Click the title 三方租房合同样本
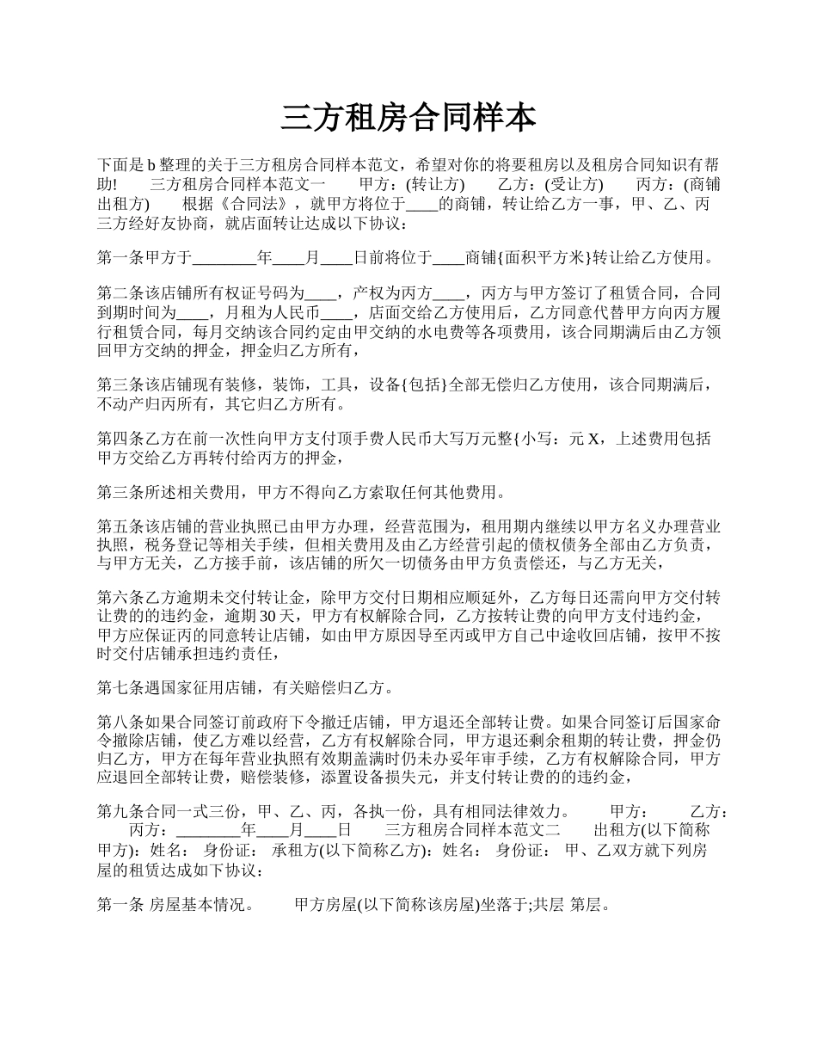[408, 118]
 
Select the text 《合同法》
[252, 205]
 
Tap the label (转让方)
[435, 185]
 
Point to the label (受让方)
[574, 185]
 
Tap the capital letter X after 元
[592, 439]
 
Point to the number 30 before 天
[267, 616]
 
